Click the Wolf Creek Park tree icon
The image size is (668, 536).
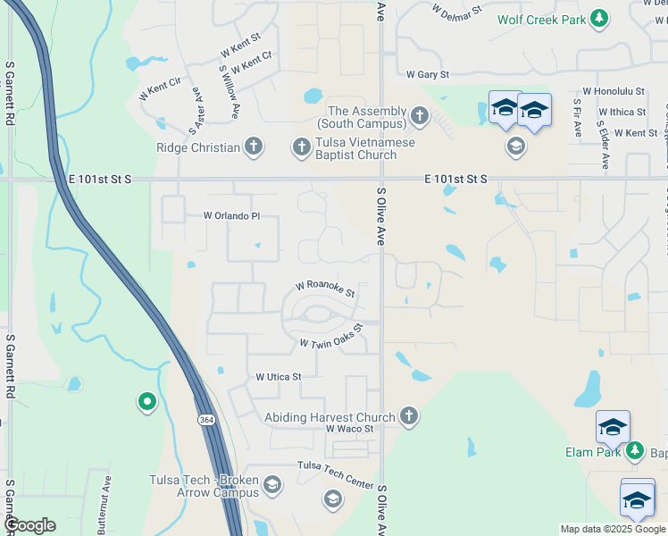600,18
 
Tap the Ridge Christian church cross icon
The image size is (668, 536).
254,147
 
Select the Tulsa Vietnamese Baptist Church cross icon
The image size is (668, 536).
301,146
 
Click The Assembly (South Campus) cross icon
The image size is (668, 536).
419,115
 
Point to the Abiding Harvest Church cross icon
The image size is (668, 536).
408,416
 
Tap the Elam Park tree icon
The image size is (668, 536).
634,451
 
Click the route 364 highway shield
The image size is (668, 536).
206,418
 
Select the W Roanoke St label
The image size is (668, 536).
326,289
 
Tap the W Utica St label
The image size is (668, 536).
279,377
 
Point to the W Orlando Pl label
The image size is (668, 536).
231,215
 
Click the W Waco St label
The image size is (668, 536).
349,429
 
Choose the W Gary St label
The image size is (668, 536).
427,75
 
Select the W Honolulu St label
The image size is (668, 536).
614,91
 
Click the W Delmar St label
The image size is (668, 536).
456,12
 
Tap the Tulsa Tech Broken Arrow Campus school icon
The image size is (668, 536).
272,485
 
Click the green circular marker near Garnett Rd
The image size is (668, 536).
146,403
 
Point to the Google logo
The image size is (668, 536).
29,524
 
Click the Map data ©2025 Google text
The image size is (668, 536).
613,529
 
